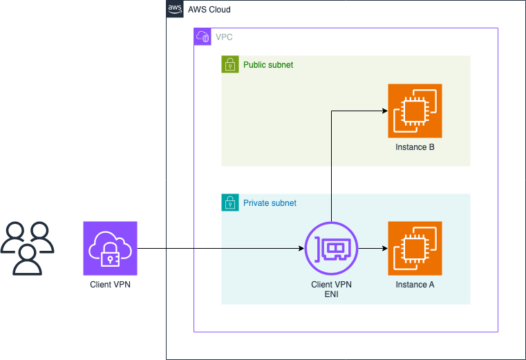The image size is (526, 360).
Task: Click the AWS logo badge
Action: tap(175, 9)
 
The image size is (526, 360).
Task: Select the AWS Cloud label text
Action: tap(209, 10)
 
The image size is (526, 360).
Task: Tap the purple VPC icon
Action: tap(203, 37)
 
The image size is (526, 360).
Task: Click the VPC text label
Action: tap(224, 37)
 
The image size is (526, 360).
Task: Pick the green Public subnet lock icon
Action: tap(230, 64)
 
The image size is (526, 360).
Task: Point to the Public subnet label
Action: tap(268, 65)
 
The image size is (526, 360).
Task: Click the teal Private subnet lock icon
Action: tap(230, 202)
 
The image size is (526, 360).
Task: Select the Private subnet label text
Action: tap(270, 203)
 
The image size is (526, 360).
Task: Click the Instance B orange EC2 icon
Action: tap(415, 111)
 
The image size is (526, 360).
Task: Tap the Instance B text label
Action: tap(415, 147)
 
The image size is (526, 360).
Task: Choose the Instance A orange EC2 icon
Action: tap(415, 248)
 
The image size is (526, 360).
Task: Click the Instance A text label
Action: tap(415, 285)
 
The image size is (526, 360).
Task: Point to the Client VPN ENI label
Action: tap(332, 290)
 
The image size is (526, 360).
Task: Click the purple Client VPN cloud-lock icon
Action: tap(110, 248)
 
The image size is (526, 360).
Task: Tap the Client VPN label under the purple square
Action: tap(110, 285)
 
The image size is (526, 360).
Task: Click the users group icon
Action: tap(27, 248)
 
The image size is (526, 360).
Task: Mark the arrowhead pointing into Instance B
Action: tap(385, 111)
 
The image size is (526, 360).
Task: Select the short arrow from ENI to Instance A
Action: tap(373, 248)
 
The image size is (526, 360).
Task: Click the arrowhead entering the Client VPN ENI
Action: tap(301, 248)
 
